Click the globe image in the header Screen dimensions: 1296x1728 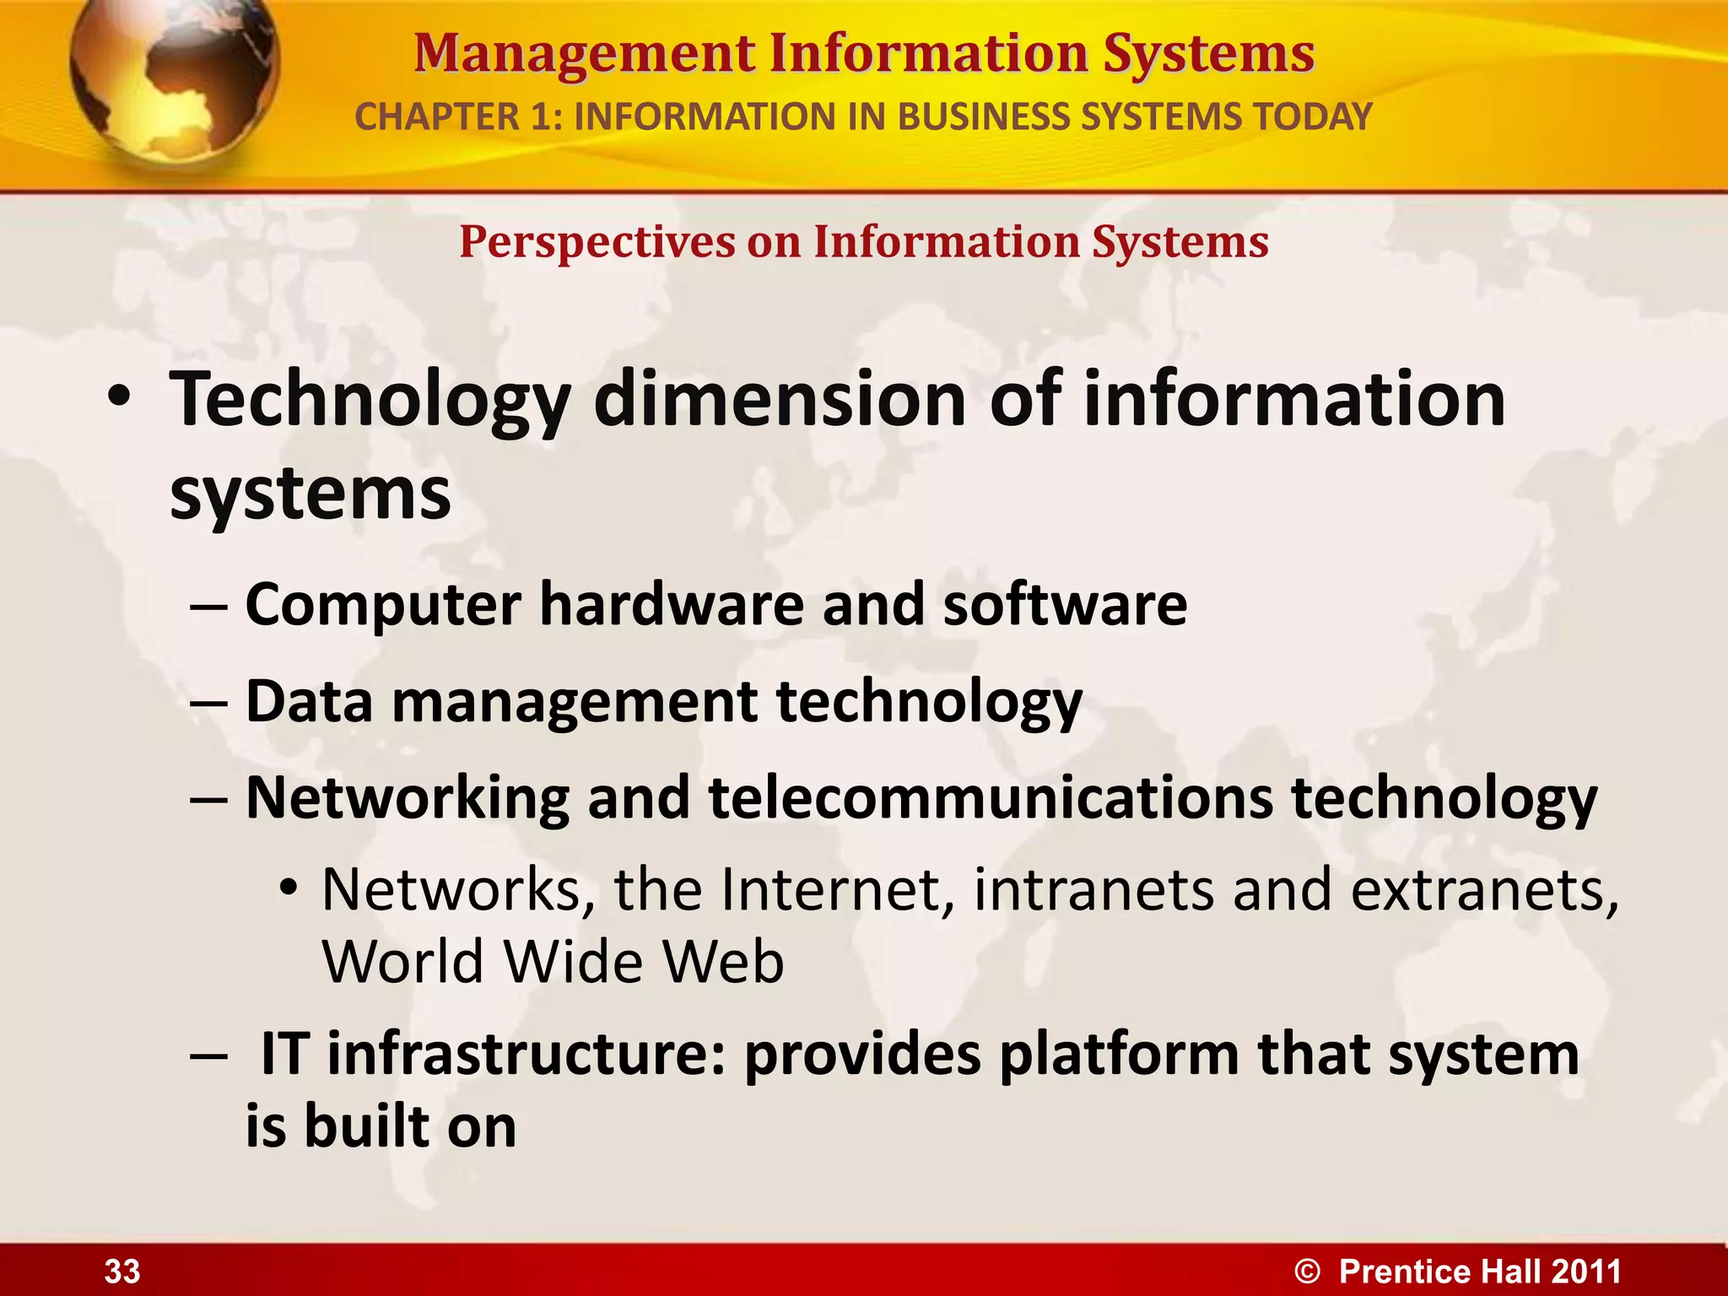[173, 80]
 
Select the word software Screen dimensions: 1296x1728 [1065, 604]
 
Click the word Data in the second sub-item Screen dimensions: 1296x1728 [309, 701]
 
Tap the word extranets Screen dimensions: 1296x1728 [1485, 890]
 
